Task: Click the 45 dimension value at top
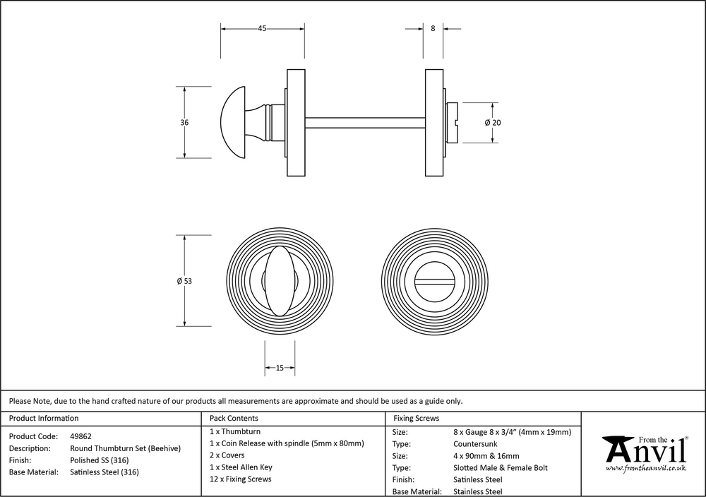(x=262, y=29)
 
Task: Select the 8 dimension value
(x=433, y=29)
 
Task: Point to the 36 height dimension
(x=185, y=122)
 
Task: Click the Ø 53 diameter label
(x=185, y=281)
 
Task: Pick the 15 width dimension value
(x=280, y=368)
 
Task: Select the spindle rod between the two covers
(x=365, y=122)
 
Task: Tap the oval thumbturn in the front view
(x=280, y=281)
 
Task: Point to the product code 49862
(x=80, y=436)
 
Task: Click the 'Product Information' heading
(x=44, y=419)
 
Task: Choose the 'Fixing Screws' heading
(x=416, y=419)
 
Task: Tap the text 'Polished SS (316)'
(x=99, y=460)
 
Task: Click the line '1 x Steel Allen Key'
(x=241, y=467)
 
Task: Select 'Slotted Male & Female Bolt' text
(x=501, y=467)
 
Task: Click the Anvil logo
(x=644, y=451)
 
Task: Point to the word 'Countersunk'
(x=475, y=444)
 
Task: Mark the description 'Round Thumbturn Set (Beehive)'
(x=126, y=448)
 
